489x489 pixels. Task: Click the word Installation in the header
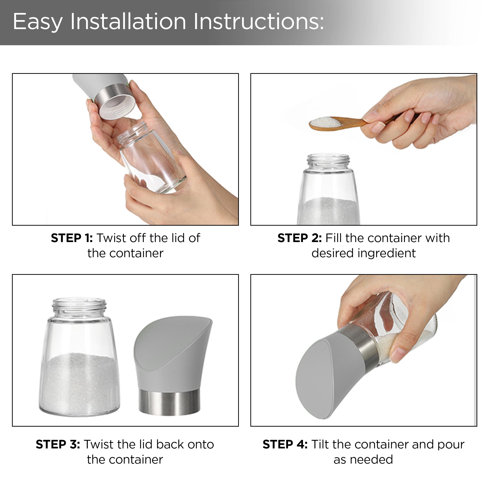click(128, 22)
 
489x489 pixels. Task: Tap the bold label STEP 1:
click(72, 238)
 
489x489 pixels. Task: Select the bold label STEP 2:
click(300, 238)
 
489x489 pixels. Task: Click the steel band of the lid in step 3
click(169, 402)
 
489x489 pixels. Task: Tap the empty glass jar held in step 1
click(151, 157)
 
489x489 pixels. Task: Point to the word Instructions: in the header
click(259, 22)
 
